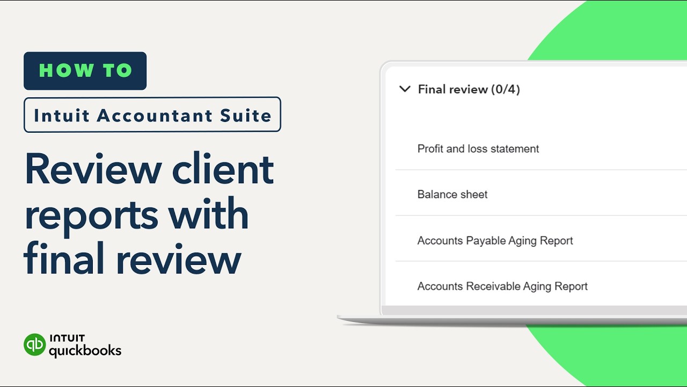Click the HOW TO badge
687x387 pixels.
coord(85,71)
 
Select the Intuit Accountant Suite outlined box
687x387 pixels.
coord(152,114)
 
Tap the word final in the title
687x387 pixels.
coord(65,259)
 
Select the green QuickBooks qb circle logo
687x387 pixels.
coord(35,345)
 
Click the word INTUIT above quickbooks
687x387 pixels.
coord(67,339)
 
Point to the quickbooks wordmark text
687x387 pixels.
coord(85,351)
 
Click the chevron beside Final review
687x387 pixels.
coord(405,89)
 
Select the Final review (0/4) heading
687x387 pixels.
coord(469,89)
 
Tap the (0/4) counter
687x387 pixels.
coord(505,89)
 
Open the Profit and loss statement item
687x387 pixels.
coord(478,149)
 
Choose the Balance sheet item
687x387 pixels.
coord(452,195)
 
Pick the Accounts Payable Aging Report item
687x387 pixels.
coord(495,240)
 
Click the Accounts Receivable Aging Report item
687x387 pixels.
coord(502,286)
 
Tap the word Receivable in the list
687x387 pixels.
coord(491,286)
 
